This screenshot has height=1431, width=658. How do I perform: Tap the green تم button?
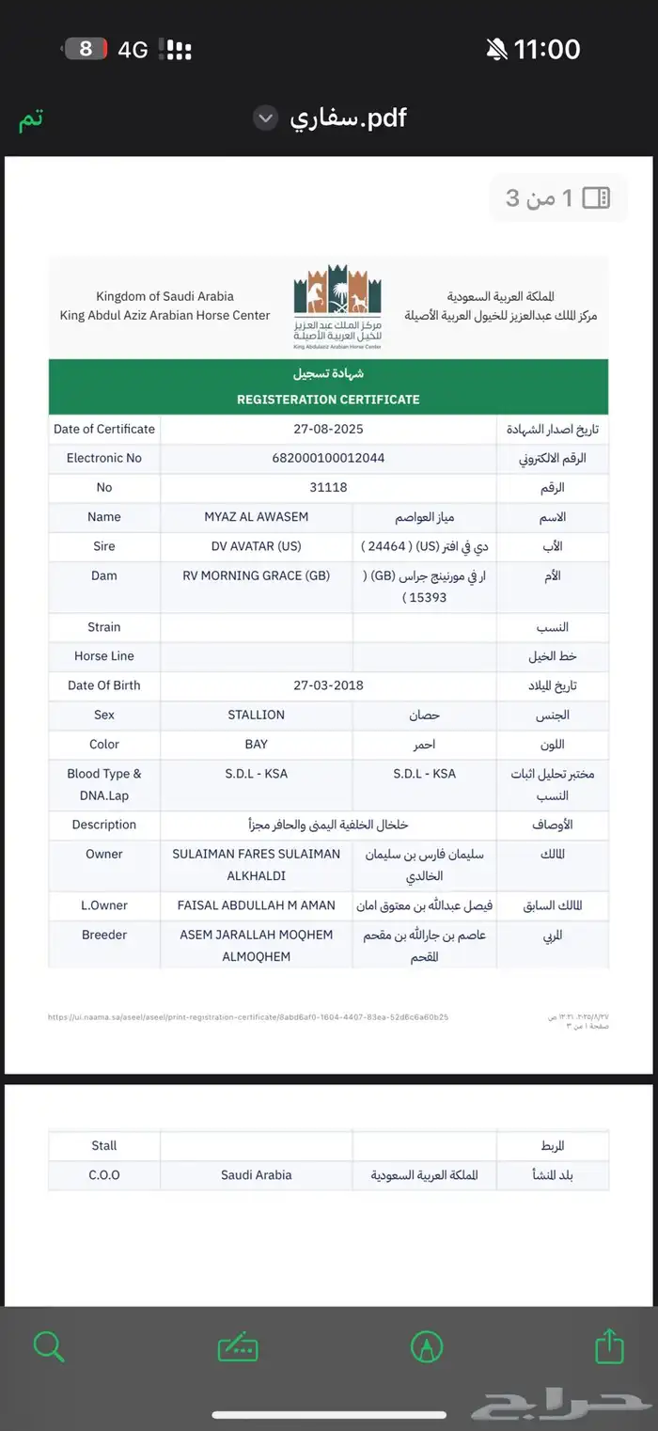click(x=31, y=119)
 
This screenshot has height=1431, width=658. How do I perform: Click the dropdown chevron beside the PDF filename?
click(x=266, y=118)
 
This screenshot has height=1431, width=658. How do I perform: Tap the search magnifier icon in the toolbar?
click(x=49, y=1346)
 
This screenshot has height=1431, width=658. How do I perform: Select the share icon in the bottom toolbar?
click(x=609, y=1345)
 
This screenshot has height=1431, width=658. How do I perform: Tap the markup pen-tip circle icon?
click(x=427, y=1346)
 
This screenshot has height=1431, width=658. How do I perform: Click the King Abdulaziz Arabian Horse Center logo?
click(x=337, y=307)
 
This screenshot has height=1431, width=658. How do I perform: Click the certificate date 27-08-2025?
click(x=328, y=429)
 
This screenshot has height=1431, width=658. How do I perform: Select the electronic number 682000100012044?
click(x=328, y=458)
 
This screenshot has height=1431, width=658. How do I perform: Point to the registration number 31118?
click(x=328, y=487)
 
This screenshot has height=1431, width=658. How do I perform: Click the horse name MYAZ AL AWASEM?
click(x=256, y=516)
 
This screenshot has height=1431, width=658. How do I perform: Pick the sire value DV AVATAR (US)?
click(x=256, y=546)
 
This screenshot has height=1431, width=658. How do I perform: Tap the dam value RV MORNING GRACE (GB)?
click(x=256, y=575)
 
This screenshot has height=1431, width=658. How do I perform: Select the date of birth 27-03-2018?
click(x=328, y=685)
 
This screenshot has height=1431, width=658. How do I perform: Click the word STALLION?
click(x=256, y=715)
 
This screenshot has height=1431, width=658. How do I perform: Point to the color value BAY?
click(x=256, y=744)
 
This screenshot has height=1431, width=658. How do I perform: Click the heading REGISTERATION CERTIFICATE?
click(x=328, y=400)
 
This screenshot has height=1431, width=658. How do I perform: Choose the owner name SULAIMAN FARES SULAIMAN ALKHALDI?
click(x=256, y=864)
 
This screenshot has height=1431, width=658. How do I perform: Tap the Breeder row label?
click(x=104, y=935)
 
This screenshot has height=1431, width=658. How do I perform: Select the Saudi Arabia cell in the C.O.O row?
click(x=256, y=1174)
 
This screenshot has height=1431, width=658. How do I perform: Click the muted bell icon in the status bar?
click(x=497, y=49)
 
